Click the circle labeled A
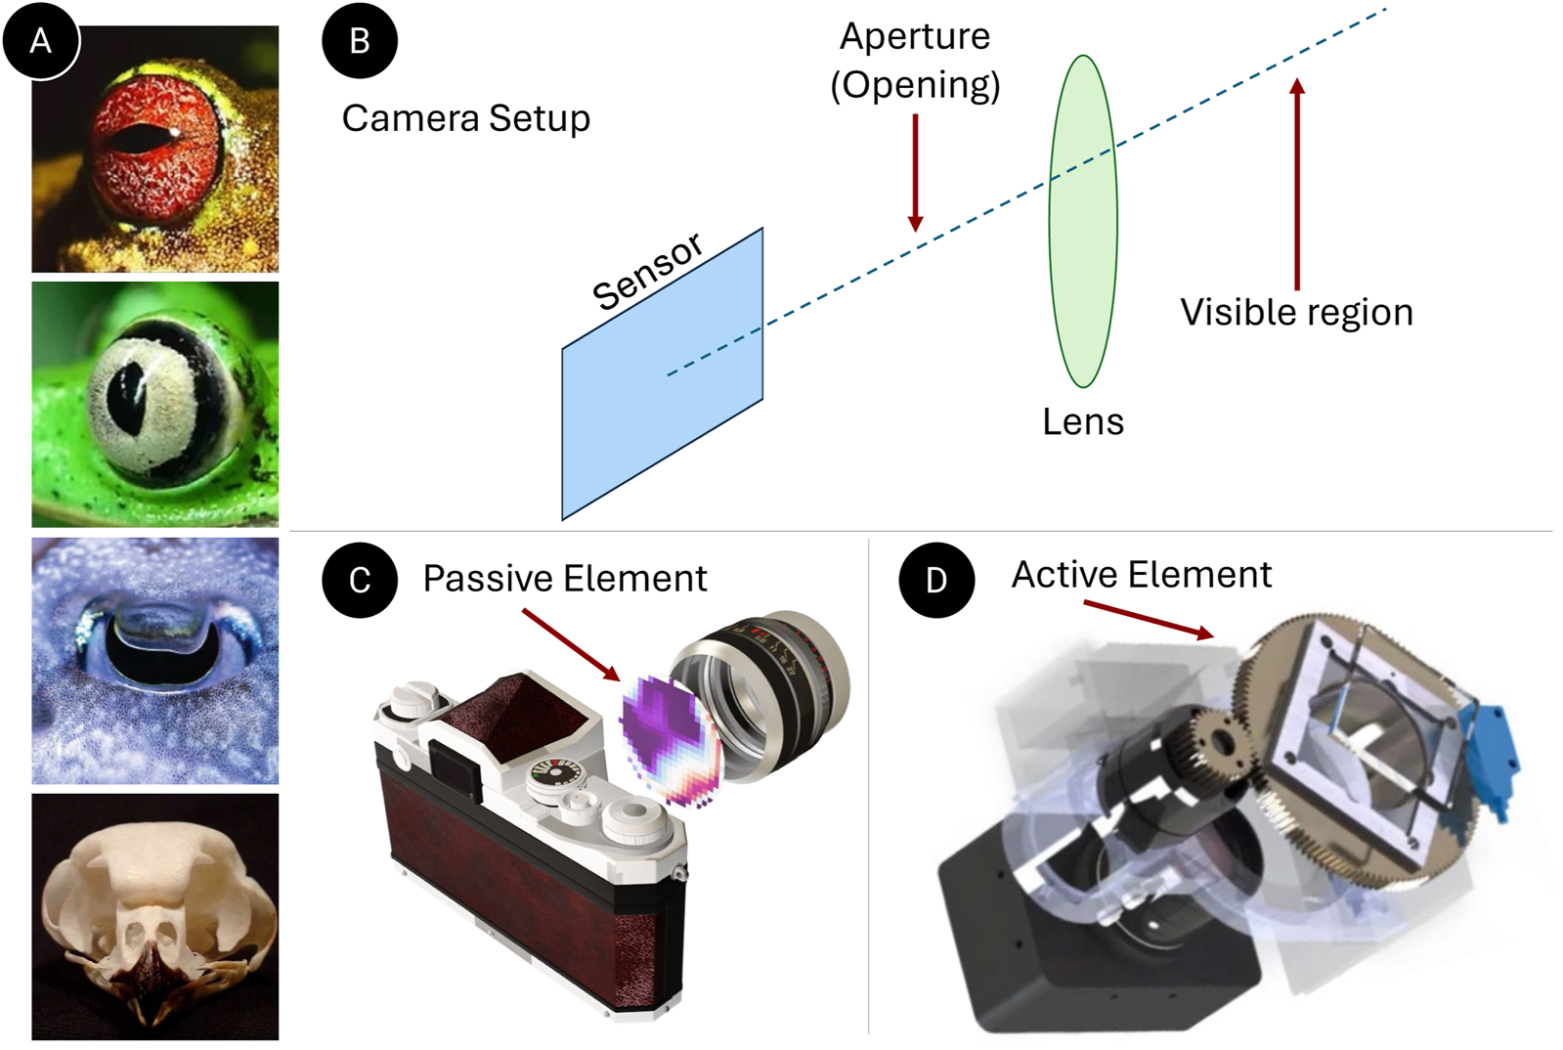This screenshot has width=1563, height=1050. tap(40, 41)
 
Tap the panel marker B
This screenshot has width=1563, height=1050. tap(359, 41)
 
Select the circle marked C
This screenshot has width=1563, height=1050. tap(359, 580)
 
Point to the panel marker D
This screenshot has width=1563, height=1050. tap(935, 580)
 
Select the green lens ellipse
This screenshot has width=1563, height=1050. tap(1082, 222)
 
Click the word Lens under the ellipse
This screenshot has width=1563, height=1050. tap(1082, 422)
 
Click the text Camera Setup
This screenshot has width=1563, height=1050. tap(465, 118)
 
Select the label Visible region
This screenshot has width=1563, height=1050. tap(1296, 313)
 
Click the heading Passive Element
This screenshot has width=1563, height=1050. tap(564, 579)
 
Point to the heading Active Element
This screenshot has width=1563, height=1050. tap(1141, 575)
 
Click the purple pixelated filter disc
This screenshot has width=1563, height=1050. tap(672, 738)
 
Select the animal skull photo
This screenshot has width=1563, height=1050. tap(154, 916)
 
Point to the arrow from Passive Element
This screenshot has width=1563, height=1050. tap(571, 644)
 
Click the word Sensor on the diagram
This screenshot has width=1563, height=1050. tap(647, 271)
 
